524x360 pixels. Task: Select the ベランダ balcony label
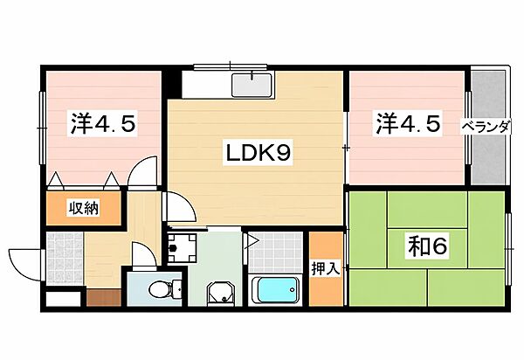tap(486, 127)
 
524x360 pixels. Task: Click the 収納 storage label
tap(84, 209)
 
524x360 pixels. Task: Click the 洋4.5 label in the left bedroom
tap(103, 124)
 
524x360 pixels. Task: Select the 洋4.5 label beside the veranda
tap(407, 123)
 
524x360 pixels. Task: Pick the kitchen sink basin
tap(252, 86)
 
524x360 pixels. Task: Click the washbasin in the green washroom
tap(220, 292)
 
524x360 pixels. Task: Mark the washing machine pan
tap(183, 248)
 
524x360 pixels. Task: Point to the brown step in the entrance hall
tap(103, 297)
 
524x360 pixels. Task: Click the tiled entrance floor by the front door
tap(64, 259)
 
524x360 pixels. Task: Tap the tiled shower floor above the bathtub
tap(275, 253)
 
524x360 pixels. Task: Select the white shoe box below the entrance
tap(63, 299)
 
